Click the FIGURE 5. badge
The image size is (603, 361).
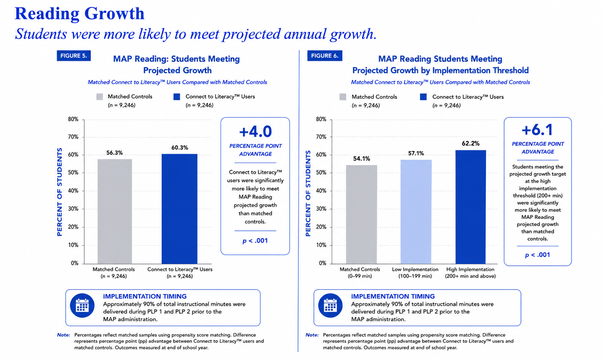(74, 56)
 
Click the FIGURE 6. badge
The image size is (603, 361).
(325, 56)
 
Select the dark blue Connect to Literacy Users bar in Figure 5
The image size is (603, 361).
(180, 209)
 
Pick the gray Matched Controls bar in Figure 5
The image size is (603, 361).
(115, 211)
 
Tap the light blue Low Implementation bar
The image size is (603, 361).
(416, 212)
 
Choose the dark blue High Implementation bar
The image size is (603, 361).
(471, 207)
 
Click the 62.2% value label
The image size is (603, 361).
(471, 143)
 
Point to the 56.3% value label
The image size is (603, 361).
(115, 153)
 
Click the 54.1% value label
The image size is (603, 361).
(362, 159)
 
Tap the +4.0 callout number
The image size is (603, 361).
(255, 131)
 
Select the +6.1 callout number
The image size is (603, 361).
(537, 130)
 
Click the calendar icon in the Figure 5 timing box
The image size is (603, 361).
(82, 306)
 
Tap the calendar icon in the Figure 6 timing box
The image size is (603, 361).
(330, 306)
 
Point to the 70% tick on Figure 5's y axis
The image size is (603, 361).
(73, 137)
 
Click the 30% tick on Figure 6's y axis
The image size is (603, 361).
(321, 209)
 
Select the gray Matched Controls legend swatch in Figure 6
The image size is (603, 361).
(343, 97)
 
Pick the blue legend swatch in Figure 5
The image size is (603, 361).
(177, 97)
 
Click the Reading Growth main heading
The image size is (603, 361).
(79, 13)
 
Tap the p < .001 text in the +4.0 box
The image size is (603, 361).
(255, 240)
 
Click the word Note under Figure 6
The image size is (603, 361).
(312, 335)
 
